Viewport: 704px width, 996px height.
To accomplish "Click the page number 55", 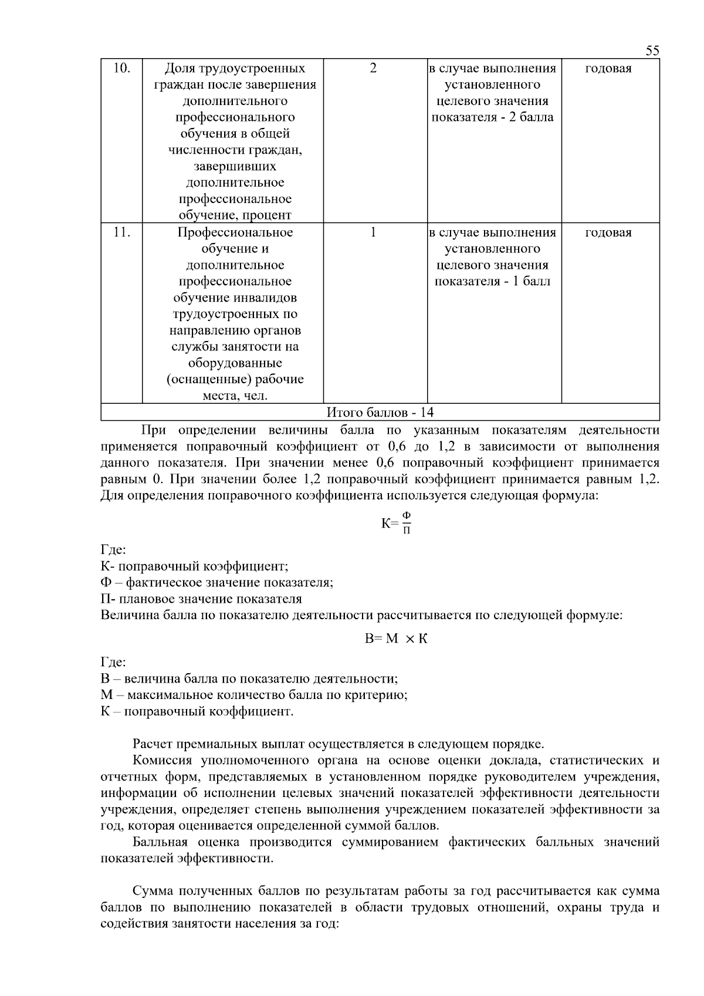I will pyautogui.click(x=652, y=50).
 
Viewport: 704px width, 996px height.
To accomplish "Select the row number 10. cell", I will pyautogui.click(x=121, y=68).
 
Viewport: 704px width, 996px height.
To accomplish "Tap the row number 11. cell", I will pyautogui.click(x=121, y=232).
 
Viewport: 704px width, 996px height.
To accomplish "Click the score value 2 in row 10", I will pyautogui.click(x=373, y=68).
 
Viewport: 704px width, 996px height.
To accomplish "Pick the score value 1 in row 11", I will pyautogui.click(x=373, y=232).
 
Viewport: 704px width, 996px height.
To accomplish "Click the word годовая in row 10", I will pyautogui.click(x=608, y=69).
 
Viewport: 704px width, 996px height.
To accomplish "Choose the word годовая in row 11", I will pyautogui.click(x=608, y=233).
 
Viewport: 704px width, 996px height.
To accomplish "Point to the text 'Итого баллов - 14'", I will pyautogui.click(x=380, y=413).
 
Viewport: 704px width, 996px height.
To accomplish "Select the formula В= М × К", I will pyautogui.click(x=396, y=639).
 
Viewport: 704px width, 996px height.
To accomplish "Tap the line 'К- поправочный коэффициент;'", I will pyautogui.click(x=194, y=566).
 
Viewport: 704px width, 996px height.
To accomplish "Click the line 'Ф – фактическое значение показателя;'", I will pyautogui.click(x=217, y=583).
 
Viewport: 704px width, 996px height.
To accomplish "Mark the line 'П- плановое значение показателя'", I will pyautogui.click(x=201, y=599).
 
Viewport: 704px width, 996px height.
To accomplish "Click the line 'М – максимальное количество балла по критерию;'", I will pyautogui.click(x=254, y=695).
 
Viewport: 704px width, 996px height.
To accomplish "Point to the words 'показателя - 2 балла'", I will pyautogui.click(x=492, y=117).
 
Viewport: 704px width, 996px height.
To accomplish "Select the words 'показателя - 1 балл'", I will pyautogui.click(x=492, y=282).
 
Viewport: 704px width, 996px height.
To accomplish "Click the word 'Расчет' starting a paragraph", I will pyautogui.click(x=153, y=745).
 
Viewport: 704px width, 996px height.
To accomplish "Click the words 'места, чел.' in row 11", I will pyautogui.click(x=235, y=396).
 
